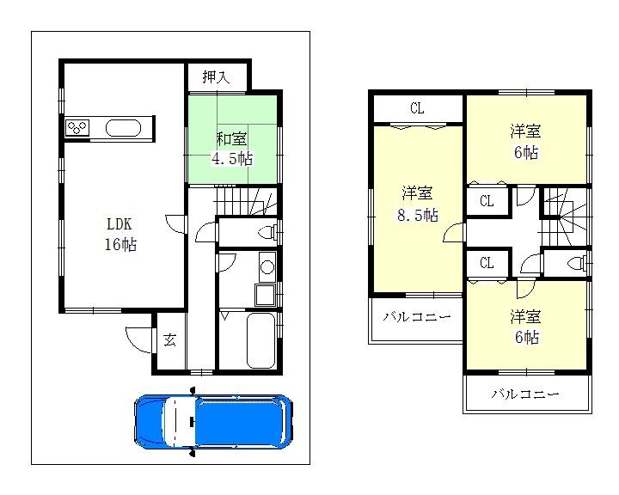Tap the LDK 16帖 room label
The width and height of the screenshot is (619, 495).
pyautogui.click(x=121, y=234)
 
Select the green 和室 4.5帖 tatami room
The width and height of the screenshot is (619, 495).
pyautogui.click(x=232, y=147)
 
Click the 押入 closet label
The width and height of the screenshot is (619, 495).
pyautogui.click(x=217, y=77)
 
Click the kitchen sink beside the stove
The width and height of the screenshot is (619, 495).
pyautogui.click(x=123, y=129)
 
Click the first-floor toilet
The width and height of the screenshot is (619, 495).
pyautogui.click(x=268, y=231)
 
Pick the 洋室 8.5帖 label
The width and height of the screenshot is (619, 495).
pyautogui.click(x=417, y=205)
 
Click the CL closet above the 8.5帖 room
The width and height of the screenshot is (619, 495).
pyautogui.click(x=417, y=108)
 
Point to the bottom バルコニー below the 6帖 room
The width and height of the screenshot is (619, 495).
pyautogui.click(x=526, y=394)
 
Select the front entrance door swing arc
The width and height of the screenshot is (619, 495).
pyautogui.click(x=138, y=336)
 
